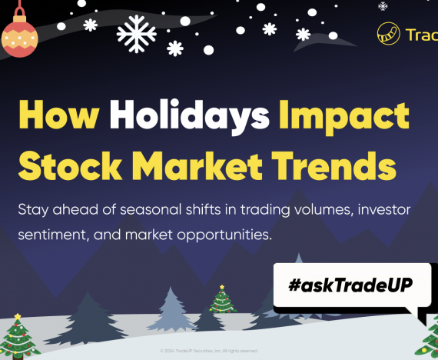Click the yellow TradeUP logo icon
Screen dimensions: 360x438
coord(388,34)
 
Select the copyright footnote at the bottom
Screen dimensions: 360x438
coord(208,351)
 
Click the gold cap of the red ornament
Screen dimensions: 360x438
coord(17,15)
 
